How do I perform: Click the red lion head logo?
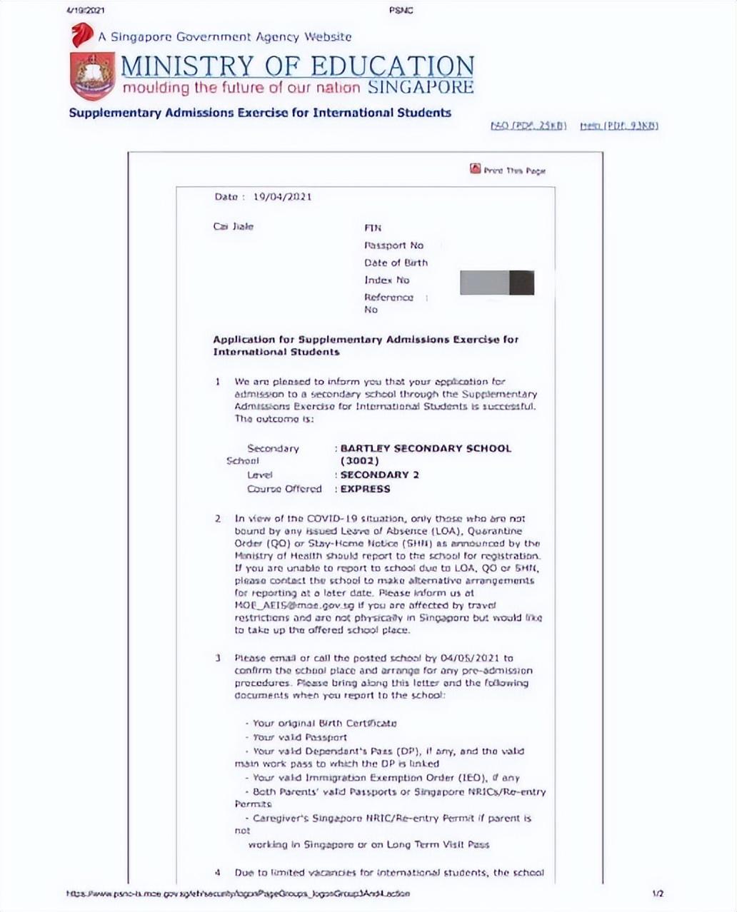pyautogui.click(x=82, y=35)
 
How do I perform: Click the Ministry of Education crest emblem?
pyautogui.click(x=92, y=76)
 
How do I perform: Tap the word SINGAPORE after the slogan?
pyautogui.click(x=421, y=88)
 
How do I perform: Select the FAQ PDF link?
pyautogui.click(x=528, y=126)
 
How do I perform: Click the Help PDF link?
pyautogui.click(x=618, y=126)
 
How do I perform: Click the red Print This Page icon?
pyautogui.click(x=476, y=168)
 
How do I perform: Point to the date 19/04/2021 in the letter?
pyautogui.click(x=282, y=197)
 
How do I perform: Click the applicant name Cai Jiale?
pyautogui.click(x=234, y=227)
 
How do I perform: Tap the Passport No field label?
pyautogui.click(x=393, y=245)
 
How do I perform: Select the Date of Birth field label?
pyautogui.click(x=396, y=263)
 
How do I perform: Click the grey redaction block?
pyautogui.click(x=497, y=283)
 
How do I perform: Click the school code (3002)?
pyautogui.click(x=359, y=461)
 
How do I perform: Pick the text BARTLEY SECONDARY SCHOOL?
pyautogui.click(x=426, y=449)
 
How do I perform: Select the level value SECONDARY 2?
pyautogui.click(x=379, y=475)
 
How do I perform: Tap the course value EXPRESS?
pyautogui.click(x=365, y=490)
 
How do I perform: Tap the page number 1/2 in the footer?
pyautogui.click(x=658, y=893)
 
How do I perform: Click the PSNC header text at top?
pyautogui.click(x=401, y=10)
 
